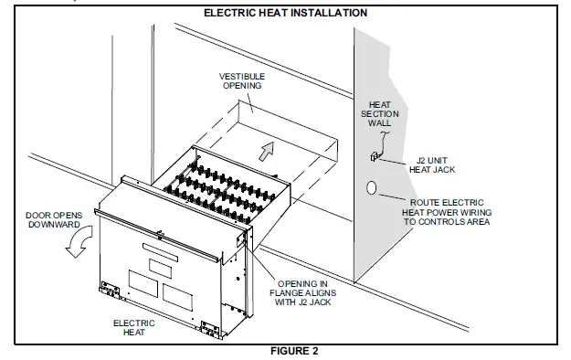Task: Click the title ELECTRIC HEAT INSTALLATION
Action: click(285, 13)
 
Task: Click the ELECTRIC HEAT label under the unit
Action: click(134, 328)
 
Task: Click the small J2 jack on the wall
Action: click(374, 158)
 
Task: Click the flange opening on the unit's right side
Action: click(243, 240)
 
